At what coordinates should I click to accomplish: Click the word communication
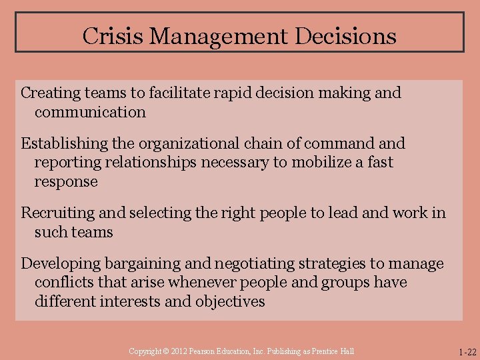pyautogui.click(x=90, y=112)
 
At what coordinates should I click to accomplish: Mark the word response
pyautogui.click(x=66, y=181)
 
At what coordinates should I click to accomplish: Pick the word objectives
pyautogui.click(x=230, y=301)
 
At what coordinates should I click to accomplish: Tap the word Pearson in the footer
pyautogui.click(x=205, y=351)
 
